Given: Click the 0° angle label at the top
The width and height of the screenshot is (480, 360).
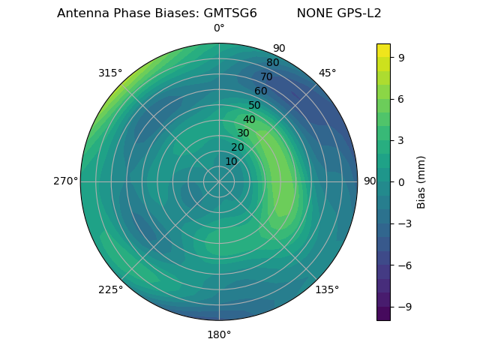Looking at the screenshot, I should pos(219,28).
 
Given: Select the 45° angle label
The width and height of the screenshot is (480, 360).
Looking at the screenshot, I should pos(327,73).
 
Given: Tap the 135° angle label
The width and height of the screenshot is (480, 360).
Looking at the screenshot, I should pos(327,289).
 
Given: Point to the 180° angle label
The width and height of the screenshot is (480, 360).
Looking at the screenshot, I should pos(219,334).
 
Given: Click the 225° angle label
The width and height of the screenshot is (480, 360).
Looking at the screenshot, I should pos(110,289).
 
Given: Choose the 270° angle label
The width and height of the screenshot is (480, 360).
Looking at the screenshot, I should pos(65,181).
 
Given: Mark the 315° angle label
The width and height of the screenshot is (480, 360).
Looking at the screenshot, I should pos(110,73).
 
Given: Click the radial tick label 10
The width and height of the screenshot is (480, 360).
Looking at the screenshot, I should pos(231,161).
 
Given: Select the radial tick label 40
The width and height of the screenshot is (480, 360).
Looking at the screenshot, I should pos(249,119).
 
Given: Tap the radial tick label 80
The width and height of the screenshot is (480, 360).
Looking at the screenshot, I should pos(272,63).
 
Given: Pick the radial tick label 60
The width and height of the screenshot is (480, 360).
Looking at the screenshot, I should pos(261,91).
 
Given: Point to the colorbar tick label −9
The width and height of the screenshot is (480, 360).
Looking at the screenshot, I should pos(403,307).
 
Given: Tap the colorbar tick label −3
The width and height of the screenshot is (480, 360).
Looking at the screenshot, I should pos(403,223).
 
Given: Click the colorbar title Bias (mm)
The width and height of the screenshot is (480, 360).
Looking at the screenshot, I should pos(421,181).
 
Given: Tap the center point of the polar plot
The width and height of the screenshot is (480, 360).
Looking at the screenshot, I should pos(219,181).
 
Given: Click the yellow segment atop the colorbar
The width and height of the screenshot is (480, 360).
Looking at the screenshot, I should pos(383,50).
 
